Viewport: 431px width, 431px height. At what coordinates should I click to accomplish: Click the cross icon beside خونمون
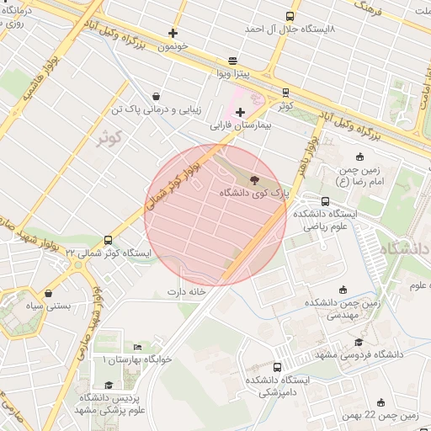[173, 34]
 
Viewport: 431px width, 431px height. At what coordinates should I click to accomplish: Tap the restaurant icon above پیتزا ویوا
[232, 61]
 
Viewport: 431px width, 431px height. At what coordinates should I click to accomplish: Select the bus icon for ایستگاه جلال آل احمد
[290, 16]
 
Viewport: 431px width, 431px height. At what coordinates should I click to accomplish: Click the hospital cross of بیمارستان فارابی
[241, 111]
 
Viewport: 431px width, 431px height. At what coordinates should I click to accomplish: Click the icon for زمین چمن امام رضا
[360, 157]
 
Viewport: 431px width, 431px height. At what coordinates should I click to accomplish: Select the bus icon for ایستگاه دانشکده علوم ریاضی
[326, 200]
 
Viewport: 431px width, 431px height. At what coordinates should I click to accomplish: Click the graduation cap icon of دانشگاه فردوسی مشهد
[359, 342]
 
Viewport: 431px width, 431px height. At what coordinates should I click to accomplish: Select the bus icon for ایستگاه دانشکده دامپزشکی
[277, 367]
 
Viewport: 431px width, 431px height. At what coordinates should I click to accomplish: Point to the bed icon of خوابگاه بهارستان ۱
[137, 347]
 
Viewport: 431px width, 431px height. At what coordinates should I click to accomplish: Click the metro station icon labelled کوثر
[286, 93]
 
